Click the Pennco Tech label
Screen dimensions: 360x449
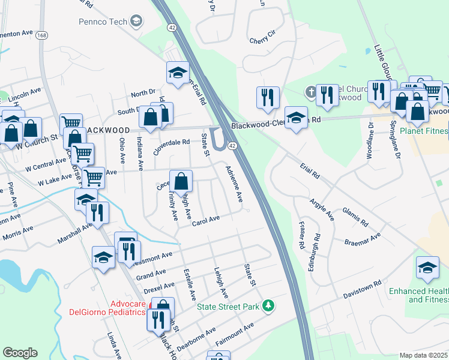tap(103, 22)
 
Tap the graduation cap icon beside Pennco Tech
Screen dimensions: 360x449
tap(136, 22)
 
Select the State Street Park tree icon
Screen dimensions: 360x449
tap(270, 306)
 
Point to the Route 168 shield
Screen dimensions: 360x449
tap(41, 35)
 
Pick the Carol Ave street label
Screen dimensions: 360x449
tap(206, 221)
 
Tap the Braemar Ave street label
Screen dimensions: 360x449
tap(363, 241)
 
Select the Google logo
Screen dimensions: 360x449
tap(20, 353)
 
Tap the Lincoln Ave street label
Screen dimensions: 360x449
tap(24, 94)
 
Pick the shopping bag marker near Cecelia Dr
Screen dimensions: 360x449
tap(181, 181)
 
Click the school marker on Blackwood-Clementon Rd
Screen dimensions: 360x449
tap(296, 118)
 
